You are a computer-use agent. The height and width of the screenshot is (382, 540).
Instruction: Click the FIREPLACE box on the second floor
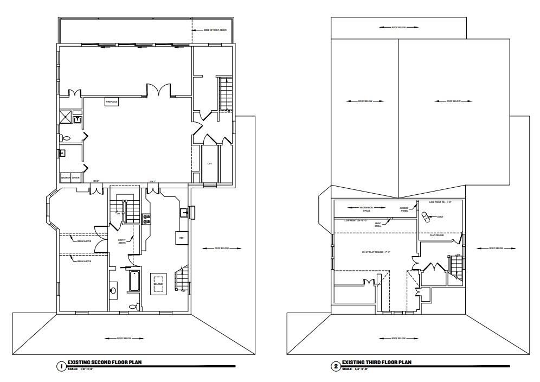pos(112,101)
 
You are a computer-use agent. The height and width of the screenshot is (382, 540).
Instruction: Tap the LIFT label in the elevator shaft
pos(209,163)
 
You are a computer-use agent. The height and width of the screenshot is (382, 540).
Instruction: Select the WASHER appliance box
pos(66,177)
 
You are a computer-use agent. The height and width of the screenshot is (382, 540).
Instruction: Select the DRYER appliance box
pos(76,177)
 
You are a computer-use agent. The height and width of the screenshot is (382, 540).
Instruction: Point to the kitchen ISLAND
pos(158,283)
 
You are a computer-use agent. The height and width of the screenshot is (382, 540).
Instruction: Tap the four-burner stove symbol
pos(146,219)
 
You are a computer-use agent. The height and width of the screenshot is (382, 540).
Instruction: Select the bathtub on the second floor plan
pos(134,282)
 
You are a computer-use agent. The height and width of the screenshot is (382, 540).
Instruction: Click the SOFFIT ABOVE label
pos(122,241)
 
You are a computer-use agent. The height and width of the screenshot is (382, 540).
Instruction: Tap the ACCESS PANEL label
pos(404,209)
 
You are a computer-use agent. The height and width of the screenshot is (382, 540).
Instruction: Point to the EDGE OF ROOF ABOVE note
pos(211,30)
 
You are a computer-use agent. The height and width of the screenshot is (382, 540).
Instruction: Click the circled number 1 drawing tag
pos(61,366)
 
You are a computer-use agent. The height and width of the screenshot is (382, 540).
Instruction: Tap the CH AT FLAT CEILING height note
pos(373,252)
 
